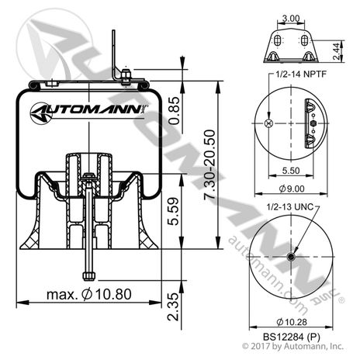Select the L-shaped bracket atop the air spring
click(119, 58)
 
